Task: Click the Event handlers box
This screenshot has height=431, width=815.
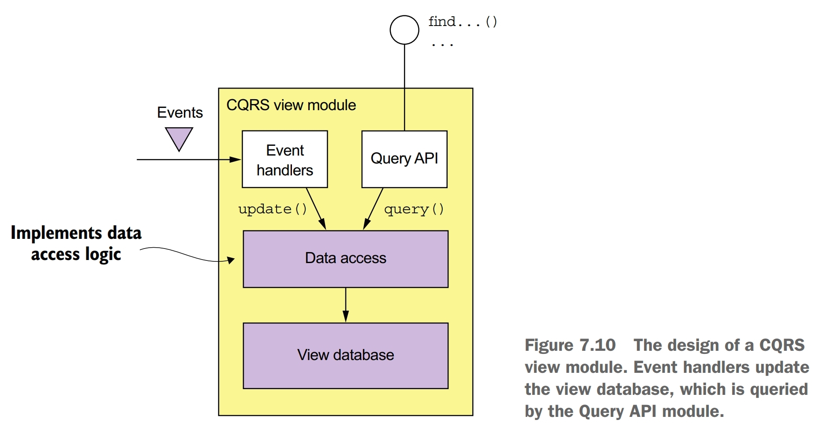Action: click(x=284, y=160)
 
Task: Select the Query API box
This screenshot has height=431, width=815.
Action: click(x=404, y=159)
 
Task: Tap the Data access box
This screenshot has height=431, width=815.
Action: click(x=345, y=259)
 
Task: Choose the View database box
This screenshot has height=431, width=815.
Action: click(x=345, y=355)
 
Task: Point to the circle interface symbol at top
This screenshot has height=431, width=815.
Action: click(x=404, y=30)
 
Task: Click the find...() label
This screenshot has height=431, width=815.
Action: click(x=462, y=22)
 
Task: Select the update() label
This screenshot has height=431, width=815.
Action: click(x=272, y=209)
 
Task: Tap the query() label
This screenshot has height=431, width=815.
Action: click(x=413, y=209)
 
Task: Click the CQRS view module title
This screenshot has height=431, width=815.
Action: click(x=291, y=105)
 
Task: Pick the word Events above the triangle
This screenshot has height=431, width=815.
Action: click(x=179, y=113)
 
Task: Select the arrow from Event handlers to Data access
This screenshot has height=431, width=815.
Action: click(x=316, y=208)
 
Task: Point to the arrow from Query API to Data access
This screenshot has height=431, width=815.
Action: click(x=373, y=208)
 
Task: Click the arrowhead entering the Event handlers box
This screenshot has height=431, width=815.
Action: click(x=235, y=160)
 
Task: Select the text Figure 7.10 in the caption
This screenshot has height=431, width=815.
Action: click(x=570, y=345)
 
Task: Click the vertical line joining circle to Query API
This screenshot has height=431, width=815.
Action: click(x=404, y=88)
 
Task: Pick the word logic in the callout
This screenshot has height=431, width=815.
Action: click(x=103, y=255)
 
